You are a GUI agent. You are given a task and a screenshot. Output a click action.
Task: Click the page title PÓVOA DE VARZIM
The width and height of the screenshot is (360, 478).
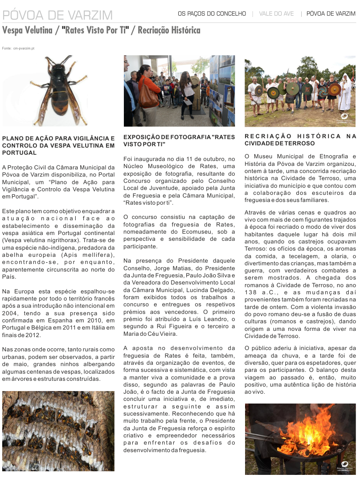(x=57, y=15)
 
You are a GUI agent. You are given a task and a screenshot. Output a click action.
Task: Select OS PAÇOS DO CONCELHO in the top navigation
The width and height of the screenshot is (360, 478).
(x=212, y=14)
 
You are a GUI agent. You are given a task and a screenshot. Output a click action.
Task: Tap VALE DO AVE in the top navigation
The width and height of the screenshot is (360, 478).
(x=276, y=14)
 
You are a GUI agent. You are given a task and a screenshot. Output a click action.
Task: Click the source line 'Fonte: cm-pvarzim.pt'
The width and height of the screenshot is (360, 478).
(x=18, y=48)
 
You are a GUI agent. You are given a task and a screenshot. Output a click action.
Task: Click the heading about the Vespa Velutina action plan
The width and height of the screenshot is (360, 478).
(x=58, y=145)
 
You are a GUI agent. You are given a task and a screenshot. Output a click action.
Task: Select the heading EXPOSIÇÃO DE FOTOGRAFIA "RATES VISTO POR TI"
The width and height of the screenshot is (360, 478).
(x=179, y=141)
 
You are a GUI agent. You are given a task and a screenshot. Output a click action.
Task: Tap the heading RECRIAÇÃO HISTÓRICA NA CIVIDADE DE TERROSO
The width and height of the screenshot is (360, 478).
(x=300, y=140)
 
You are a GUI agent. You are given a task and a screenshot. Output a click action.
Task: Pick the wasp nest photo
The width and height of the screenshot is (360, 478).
(x=58, y=431)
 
